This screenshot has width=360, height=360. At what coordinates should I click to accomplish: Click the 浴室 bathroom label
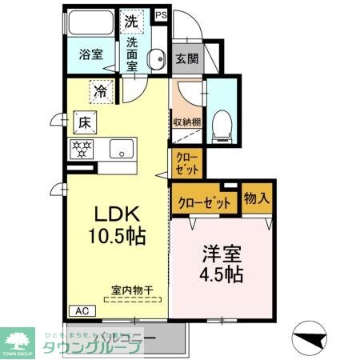pyautogui.click(x=90, y=55)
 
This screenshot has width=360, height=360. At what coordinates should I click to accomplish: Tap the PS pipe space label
pyautogui.click(x=162, y=14)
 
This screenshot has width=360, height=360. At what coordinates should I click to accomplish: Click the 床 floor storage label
pyautogui.click(x=84, y=122)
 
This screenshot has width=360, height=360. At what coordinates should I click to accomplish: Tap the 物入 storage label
pyautogui.click(x=256, y=198)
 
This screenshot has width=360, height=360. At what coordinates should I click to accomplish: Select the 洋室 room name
pyautogui.click(x=222, y=250)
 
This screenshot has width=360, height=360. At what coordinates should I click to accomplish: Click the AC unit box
pyautogui.click(x=81, y=310)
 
